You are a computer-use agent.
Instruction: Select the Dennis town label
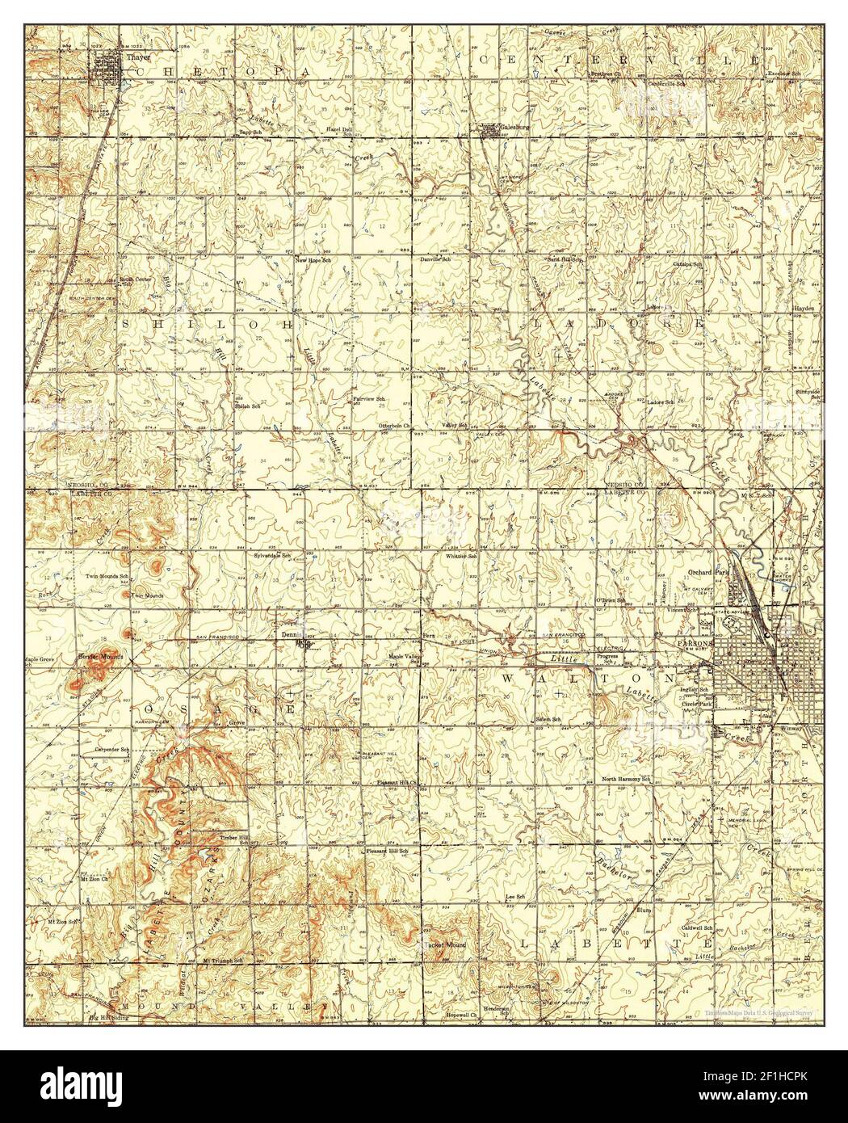pyautogui.click(x=289, y=635)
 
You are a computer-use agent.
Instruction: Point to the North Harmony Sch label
pyautogui.click(x=628, y=780)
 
